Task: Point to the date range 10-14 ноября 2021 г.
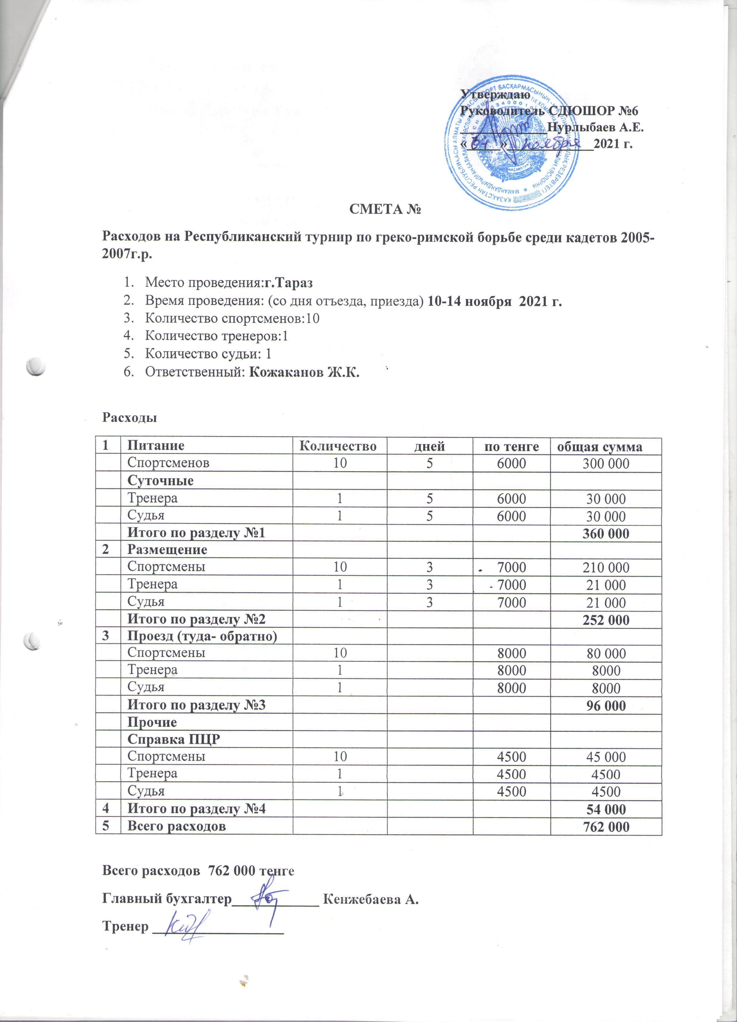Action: click(494, 301)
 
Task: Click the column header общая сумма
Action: click(599, 446)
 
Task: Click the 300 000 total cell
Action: click(606, 464)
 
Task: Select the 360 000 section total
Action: click(606, 534)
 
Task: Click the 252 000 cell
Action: click(606, 620)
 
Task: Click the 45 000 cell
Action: click(606, 757)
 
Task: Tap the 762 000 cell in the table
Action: click(606, 827)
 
